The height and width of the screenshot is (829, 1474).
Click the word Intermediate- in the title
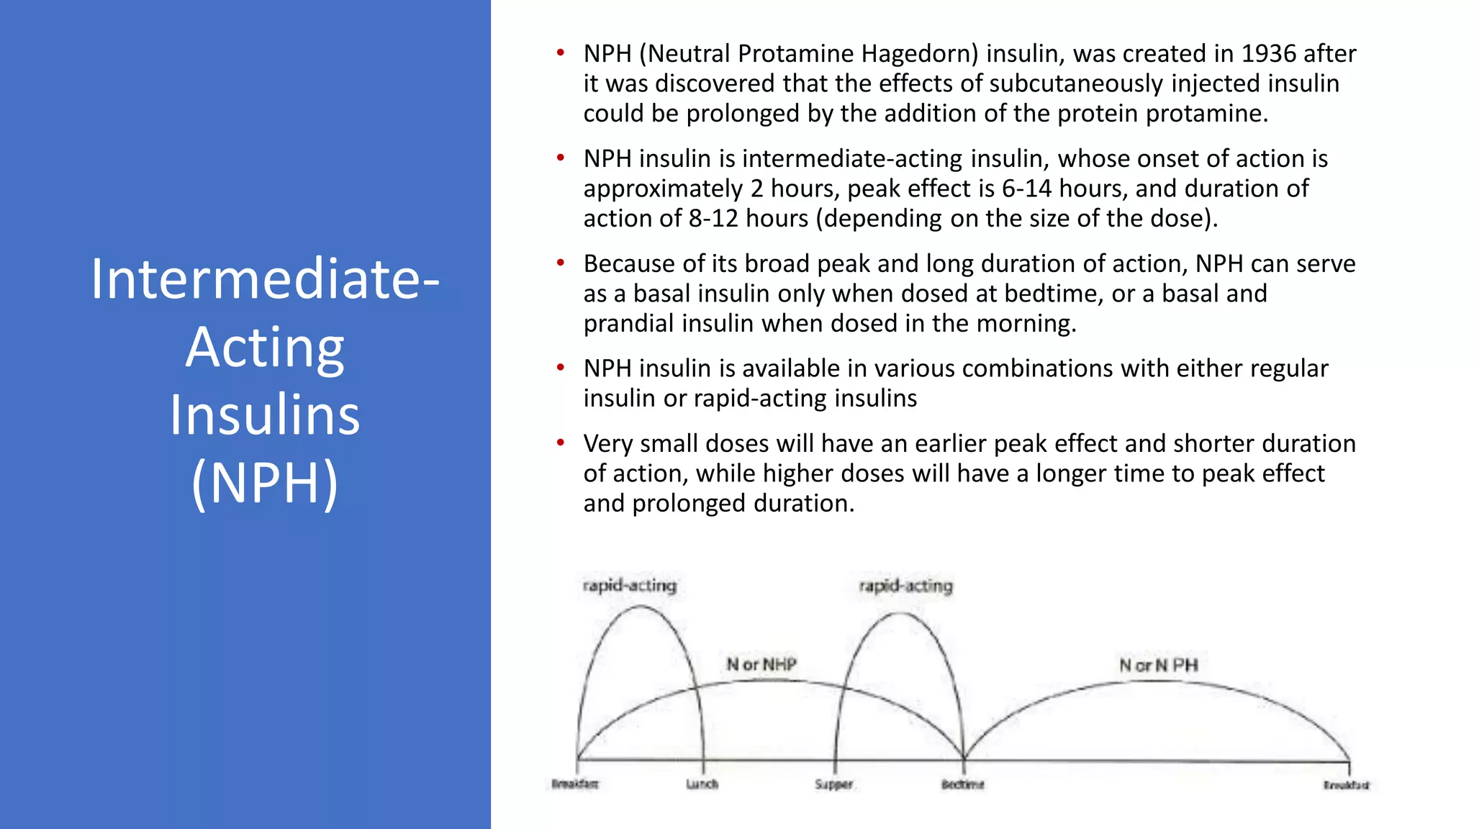[x=265, y=279]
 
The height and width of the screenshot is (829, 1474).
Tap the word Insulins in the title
[x=265, y=415]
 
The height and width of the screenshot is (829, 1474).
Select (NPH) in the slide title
[x=265, y=483]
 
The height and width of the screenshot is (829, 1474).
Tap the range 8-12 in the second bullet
[x=713, y=219]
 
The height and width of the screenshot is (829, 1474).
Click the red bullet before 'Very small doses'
[x=560, y=443]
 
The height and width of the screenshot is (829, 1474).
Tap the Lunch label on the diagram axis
[x=702, y=784]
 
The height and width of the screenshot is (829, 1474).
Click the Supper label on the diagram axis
[x=833, y=784]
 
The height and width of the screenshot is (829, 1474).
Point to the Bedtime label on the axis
[x=962, y=784]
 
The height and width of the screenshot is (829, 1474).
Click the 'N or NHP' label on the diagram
[x=761, y=664]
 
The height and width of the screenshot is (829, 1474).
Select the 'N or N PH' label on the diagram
[x=1158, y=666]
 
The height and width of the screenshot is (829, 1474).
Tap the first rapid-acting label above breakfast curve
[x=630, y=585]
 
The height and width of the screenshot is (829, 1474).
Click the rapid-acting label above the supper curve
[x=906, y=586]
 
